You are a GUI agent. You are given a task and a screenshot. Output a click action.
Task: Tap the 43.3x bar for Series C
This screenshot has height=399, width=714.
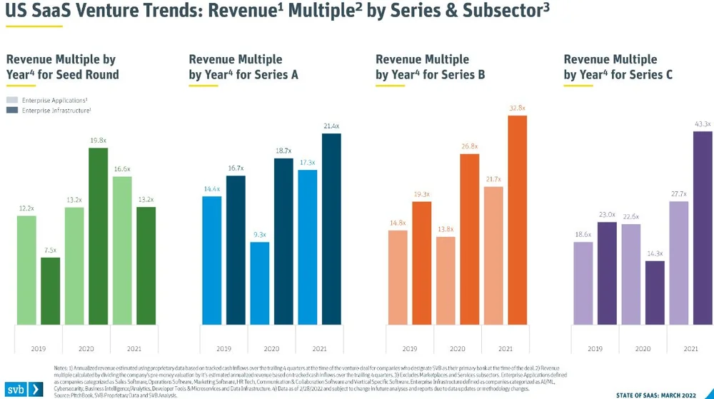click(682, 228)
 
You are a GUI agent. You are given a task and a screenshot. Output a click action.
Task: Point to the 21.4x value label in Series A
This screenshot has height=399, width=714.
click(331, 126)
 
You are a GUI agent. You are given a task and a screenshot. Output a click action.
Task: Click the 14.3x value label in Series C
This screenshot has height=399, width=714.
click(655, 253)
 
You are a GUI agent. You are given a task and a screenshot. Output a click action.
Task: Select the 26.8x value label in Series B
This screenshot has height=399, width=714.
click(469, 146)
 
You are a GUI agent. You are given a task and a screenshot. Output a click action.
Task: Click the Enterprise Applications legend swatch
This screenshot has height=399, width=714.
click(12, 101)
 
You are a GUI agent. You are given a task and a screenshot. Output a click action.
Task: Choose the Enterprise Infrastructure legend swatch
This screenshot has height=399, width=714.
click(12, 110)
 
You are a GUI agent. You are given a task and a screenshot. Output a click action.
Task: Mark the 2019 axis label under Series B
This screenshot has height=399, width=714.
click(409, 349)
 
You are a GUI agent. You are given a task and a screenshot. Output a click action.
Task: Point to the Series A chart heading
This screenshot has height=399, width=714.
click(243, 67)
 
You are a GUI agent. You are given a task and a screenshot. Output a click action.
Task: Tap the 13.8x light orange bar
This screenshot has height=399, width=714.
click(446, 281)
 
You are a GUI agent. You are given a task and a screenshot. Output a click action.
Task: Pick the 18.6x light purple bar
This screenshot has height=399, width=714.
click(583, 283)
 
